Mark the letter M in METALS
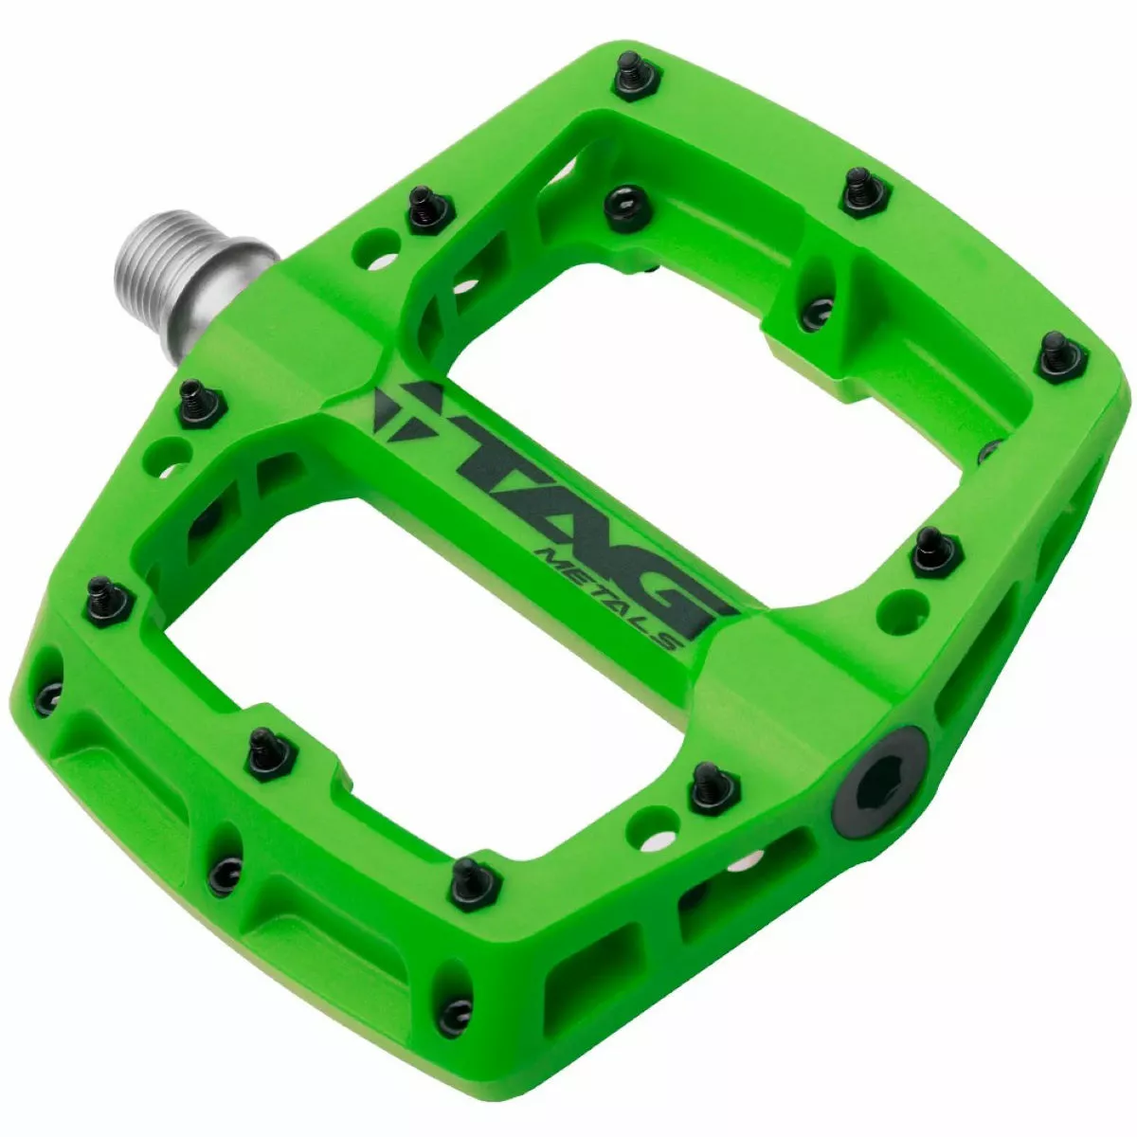(x=548, y=554)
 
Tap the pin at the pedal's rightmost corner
(x=1058, y=354)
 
